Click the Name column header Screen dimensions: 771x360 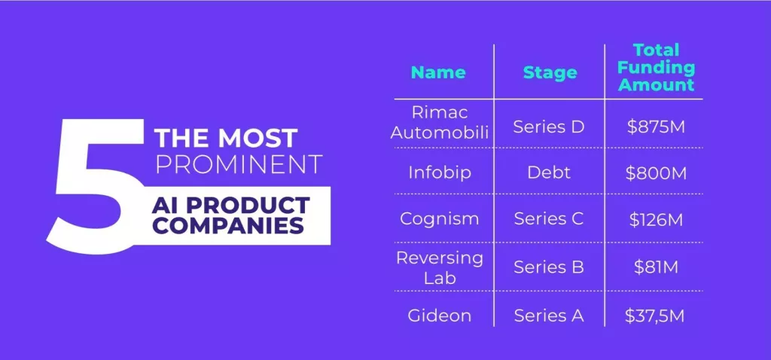click(438, 73)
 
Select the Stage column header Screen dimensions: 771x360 click(550, 73)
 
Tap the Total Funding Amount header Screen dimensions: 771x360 click(656, 67)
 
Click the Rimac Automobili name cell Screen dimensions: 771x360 click(440, 123)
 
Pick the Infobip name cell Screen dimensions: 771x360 click(440, 172)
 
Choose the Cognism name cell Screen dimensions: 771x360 click(439, 218)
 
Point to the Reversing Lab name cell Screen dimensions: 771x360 click(440, 268)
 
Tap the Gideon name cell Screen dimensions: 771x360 click(439, 316)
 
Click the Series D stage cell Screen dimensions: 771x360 click(549, 127)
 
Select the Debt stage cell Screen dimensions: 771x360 click(549, 172)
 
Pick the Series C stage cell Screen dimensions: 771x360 click(549, 219)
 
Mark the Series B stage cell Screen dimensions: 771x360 click(549, 267)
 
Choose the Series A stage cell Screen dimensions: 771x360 click(549, 316)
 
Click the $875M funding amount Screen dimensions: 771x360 click(656, 127)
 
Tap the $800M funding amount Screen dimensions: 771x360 click(656, 173)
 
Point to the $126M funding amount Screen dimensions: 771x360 click(656, 220)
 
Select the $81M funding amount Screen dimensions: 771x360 click(656, 267)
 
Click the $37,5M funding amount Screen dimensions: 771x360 click(654, 316)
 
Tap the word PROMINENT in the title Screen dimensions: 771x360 click(239, 165)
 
